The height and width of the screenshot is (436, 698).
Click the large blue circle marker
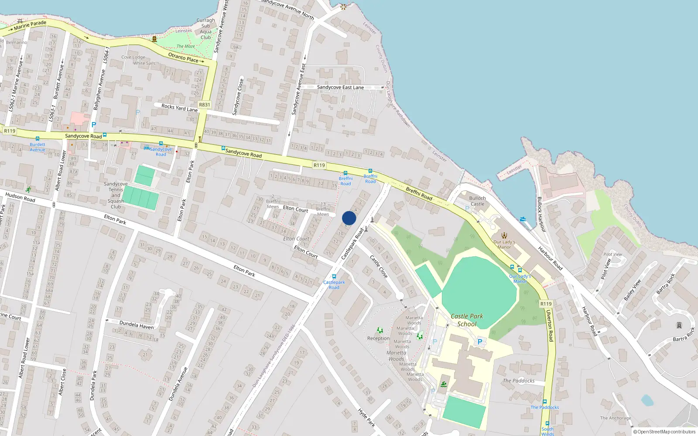coord(349,218)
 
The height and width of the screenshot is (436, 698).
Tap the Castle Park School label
coord(467,320)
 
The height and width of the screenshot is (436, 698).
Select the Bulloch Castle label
coord(477,201)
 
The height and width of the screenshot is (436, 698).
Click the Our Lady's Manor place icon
coord(504,235)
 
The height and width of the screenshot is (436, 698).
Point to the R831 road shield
coord(204,105)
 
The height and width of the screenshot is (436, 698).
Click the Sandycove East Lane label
coord(340,87)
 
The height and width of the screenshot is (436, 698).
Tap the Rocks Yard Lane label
coord(179,108)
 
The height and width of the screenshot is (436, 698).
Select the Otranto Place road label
coord(183,57)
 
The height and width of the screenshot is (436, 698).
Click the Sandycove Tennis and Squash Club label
coord(116,195)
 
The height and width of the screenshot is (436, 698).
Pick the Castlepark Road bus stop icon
coord(334,276)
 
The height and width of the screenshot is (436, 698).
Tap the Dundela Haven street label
coord(137,325)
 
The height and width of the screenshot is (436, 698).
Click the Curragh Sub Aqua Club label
coord(205,29)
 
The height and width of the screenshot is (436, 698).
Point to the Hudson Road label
coord(20,198)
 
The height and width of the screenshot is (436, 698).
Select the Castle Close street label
coord(379,267)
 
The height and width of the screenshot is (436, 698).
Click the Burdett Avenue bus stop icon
coord(38,139)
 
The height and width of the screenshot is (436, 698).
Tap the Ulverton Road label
coord(550,325)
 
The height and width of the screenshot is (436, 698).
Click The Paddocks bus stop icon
coord(545,402)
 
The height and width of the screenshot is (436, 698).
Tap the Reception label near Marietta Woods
coord(378,338)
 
